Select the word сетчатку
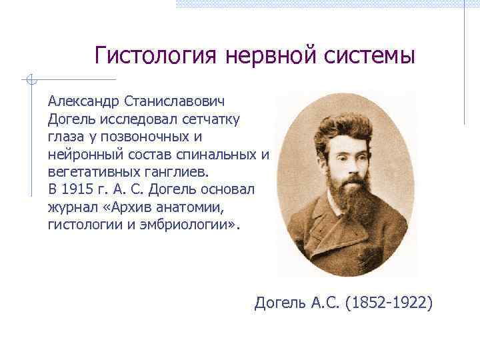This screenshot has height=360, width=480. click(x=215, y=119)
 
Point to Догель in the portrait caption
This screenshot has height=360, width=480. click(x=279, y=304)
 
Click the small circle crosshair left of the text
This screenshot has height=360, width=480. click(x=29, y=80)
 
